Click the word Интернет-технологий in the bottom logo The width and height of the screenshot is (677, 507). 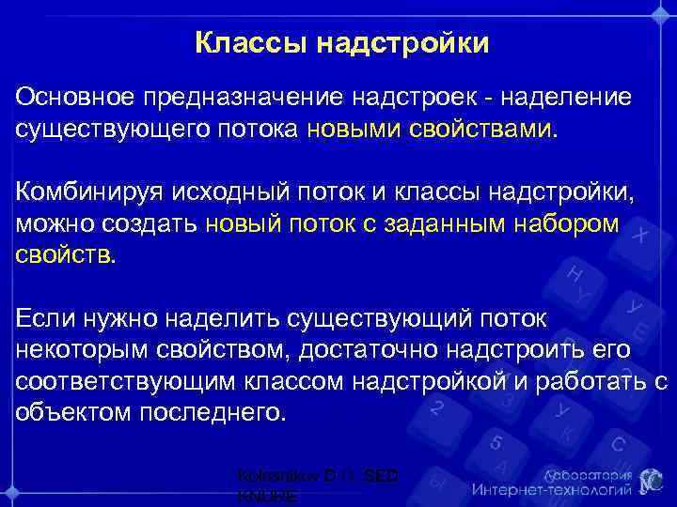(x=549, y=489)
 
